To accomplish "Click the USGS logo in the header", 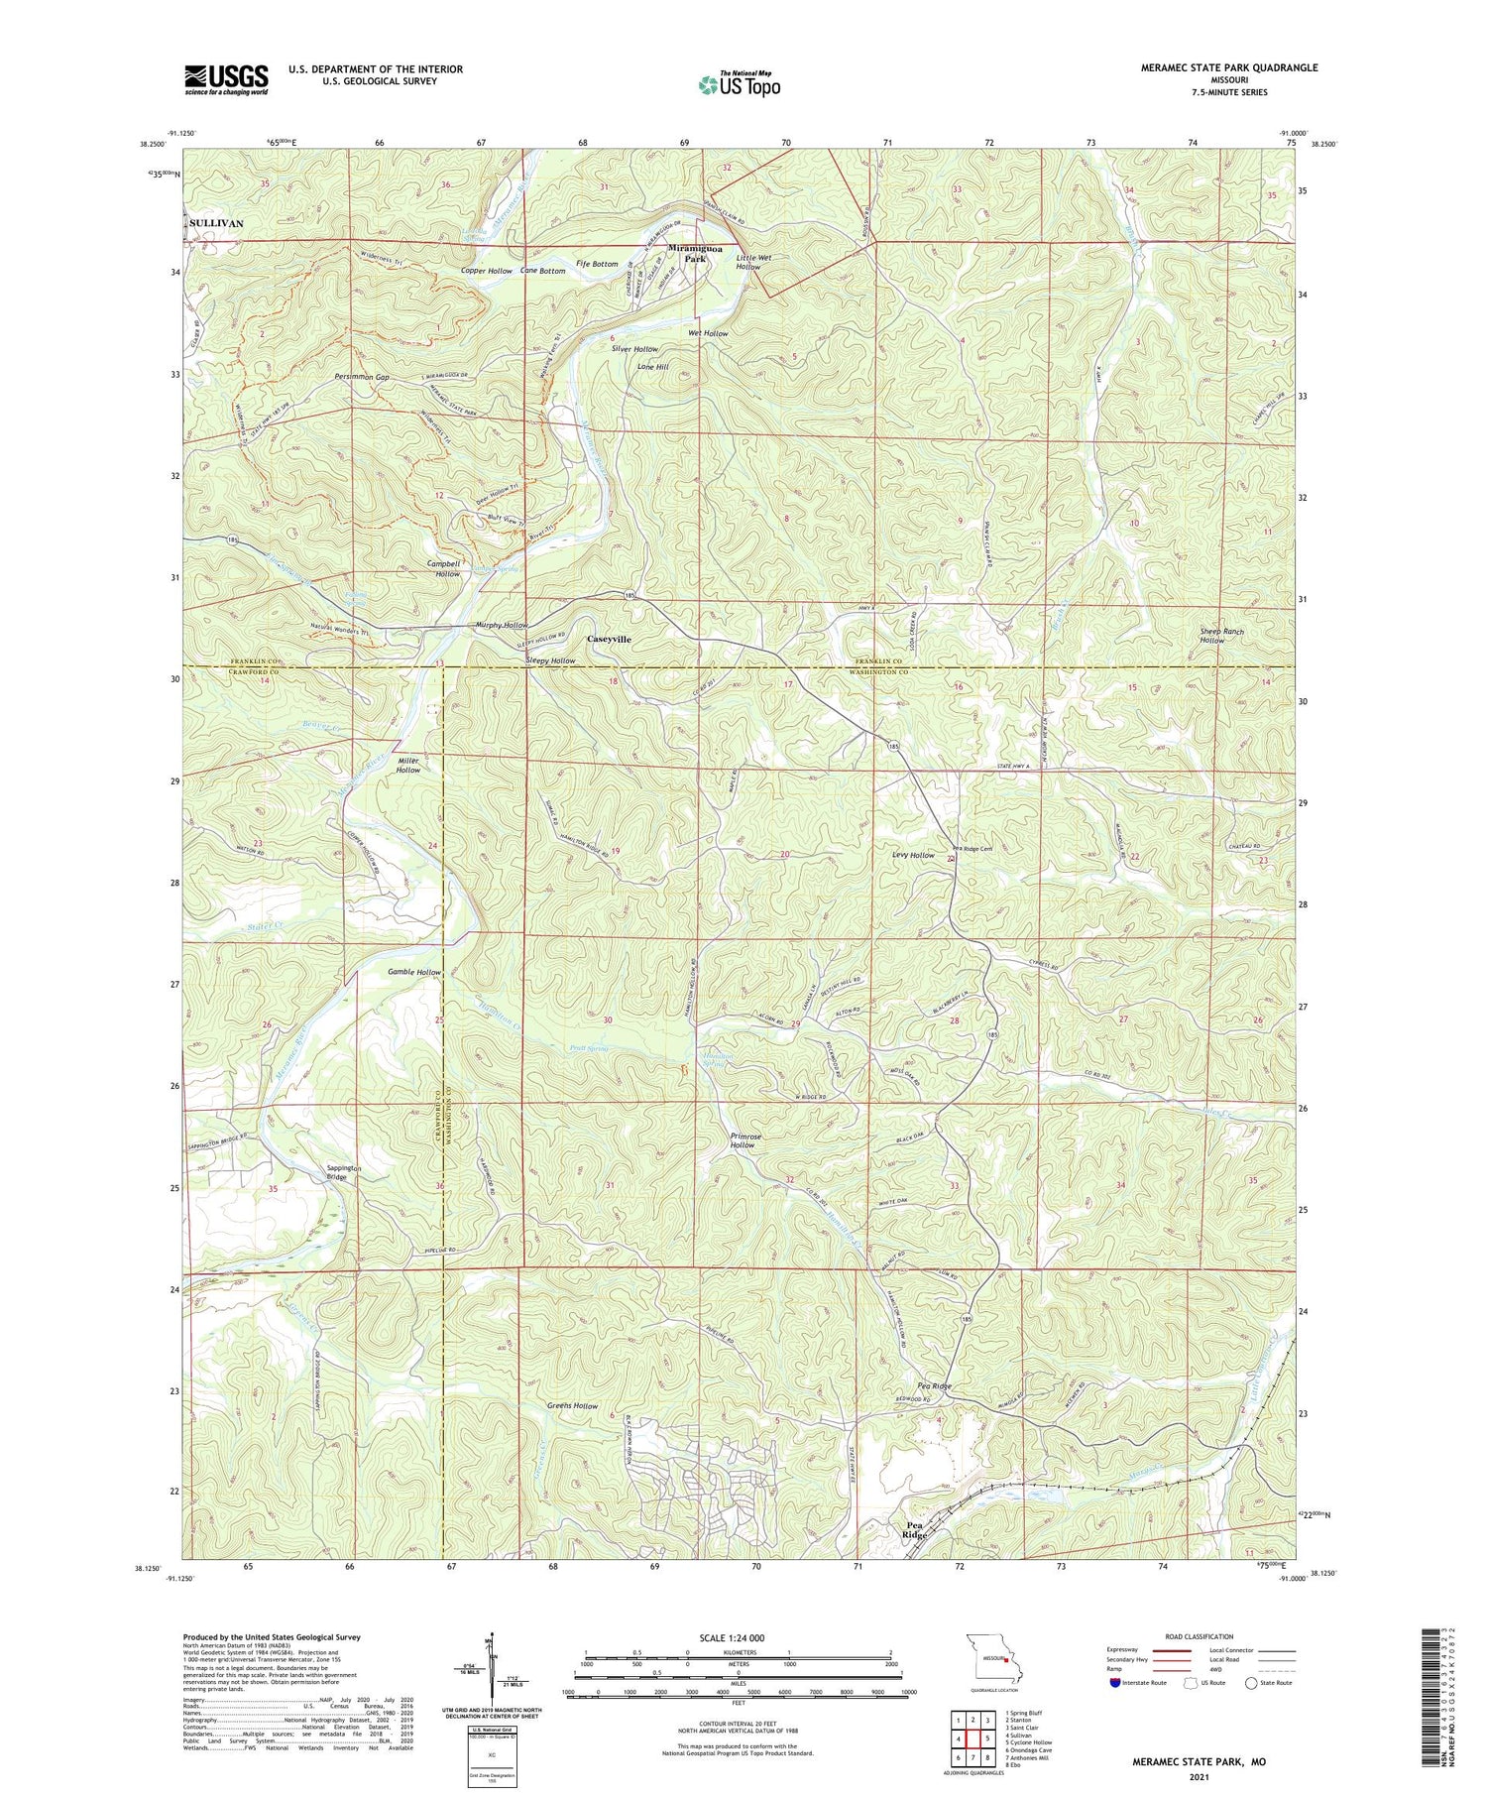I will click(x=226, y=79).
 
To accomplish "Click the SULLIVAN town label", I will click(x=217, y=224).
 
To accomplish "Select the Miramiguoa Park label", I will click(x=702, y=253).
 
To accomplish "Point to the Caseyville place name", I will click(x=609, y=640).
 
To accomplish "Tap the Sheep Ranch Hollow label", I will click(x=1220, y=636).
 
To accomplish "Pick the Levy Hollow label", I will click(x=913, y=855).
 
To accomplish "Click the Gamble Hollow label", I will click(x=413, y=973).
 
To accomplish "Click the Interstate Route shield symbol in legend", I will click(x=1115, y=1683).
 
